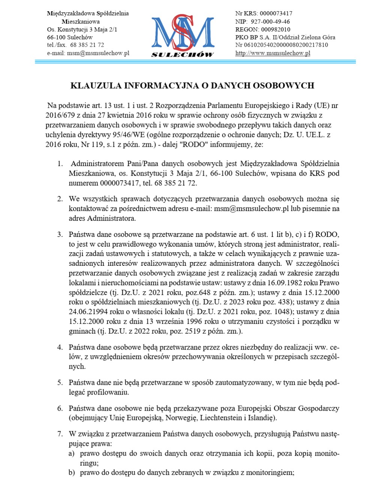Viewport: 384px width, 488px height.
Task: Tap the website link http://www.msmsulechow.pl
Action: [273, 53]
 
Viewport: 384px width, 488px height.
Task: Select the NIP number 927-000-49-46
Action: [270, 21]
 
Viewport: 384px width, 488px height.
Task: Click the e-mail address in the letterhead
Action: [98, 53]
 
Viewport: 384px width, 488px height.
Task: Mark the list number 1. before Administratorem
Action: [60, 164]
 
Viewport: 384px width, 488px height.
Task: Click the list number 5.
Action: [60, 383]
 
